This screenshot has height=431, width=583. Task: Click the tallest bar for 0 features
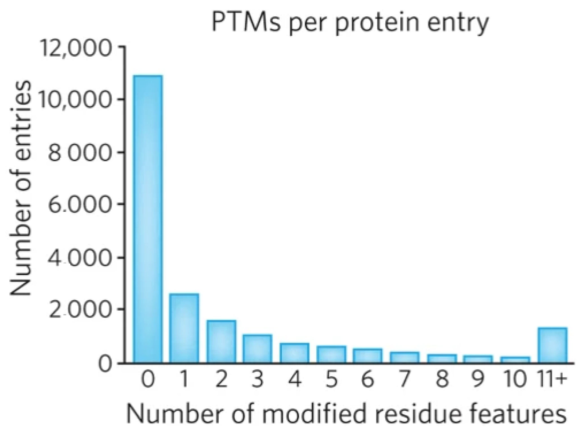pyautogui.click(x=148, y=219)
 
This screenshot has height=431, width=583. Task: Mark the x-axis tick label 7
pyautogui.click(x=404, y=379)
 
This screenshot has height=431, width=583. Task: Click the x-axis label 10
pyautogui.click(x=515, y=379)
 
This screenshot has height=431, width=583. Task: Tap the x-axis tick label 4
pyautogui.click(x=294, y=379)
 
